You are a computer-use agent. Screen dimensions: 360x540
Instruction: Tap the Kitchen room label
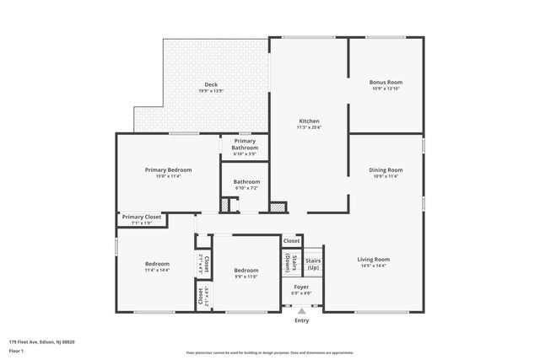pos(309,121)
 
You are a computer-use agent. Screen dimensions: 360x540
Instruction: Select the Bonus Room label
pos(386,82)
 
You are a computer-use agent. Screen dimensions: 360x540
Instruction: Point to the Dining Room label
pos(386,169)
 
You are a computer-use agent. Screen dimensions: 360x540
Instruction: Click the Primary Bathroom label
pos(245,144)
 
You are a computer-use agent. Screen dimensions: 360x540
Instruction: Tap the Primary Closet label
pos(141,217)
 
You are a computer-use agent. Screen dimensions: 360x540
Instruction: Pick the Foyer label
pos(301,287)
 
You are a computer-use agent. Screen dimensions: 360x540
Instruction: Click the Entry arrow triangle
pos(301,311)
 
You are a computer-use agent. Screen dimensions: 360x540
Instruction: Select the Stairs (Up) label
pos(313,265)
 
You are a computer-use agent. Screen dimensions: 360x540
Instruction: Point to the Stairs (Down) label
pos(291,264)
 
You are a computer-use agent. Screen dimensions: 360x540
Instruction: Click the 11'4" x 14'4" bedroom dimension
pos(157,270)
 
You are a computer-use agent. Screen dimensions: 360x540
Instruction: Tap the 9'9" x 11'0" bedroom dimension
pos(246,277)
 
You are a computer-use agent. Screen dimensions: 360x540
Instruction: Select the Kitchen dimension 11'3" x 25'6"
pos(309,127)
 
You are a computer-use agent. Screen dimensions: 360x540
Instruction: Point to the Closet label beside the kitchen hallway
pos(291,241)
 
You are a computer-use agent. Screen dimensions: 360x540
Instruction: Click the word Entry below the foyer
pos(301,320)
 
